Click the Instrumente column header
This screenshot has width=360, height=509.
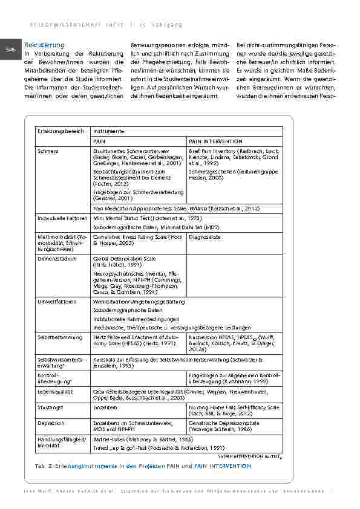(x=108, y=131)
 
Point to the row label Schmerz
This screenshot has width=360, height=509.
(x=48, y=151)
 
